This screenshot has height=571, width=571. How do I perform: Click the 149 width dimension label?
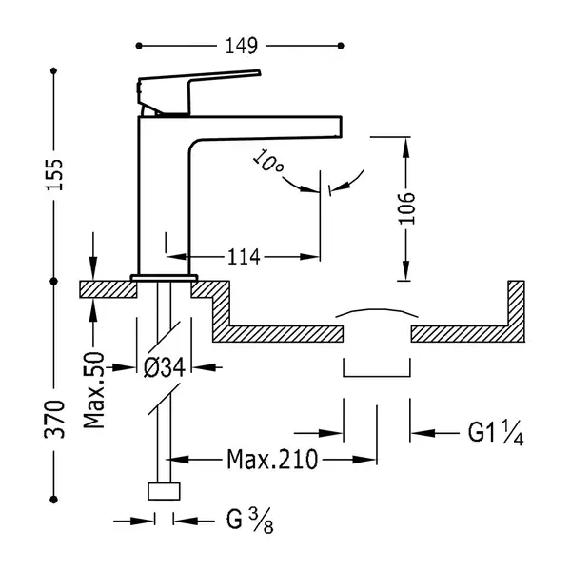coord(242,46)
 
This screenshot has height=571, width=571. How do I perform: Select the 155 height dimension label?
coord(54,174)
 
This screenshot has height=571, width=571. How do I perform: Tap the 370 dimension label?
coord(54,419)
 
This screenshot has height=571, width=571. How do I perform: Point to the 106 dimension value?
coord(406,208)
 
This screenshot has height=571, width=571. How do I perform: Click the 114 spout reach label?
coord(244,257)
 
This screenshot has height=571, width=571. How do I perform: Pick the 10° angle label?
coord(267,162)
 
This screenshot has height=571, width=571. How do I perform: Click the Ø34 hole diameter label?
coord(165,367)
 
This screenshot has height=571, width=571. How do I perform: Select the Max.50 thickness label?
coord(94,390)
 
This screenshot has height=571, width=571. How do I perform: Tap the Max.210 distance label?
coord(272,460)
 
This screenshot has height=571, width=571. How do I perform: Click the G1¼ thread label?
coord(496,433)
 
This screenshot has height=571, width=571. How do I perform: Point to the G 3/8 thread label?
coord(249,521)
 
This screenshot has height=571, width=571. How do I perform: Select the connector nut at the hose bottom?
coord(164,491)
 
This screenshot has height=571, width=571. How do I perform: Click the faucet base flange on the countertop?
coord(164,278)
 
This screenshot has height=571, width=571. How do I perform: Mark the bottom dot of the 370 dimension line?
coord(54,500)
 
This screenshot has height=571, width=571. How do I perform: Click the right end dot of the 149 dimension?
coord(341,46)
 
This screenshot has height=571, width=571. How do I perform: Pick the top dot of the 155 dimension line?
coord(54,70)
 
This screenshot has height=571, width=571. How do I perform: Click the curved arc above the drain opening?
coord(377,310)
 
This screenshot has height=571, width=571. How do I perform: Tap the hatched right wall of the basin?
coord(517,310)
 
